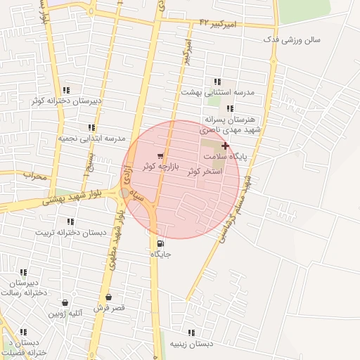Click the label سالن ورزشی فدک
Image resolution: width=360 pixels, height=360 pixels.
[x=291, y=39]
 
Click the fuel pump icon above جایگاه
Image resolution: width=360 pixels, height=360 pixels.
[x=153, y=244]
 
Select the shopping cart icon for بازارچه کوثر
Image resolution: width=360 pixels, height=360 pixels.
[x=161, y=156]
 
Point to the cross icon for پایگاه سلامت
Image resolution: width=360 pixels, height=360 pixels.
[x=225, y=145]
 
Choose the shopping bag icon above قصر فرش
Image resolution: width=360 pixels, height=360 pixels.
[x=108, y=297]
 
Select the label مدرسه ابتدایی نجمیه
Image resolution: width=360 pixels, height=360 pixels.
[x=91, y=138]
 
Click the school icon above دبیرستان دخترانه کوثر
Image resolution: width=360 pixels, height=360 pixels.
[x=66, y=90]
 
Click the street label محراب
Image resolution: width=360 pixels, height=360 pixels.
[x=34, y=176]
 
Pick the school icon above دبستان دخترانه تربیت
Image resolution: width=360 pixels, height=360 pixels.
[x=70, y=221]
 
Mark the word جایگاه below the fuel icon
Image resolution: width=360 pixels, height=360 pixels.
[x=162, y=254]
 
